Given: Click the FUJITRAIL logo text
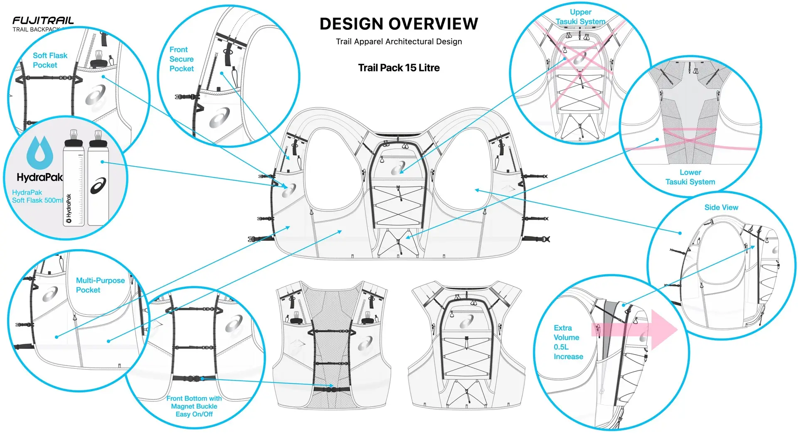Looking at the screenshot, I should click(43, 20).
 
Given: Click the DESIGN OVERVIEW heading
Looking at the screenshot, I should click(399, 24).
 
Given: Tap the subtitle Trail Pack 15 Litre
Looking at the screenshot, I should click(399, 68).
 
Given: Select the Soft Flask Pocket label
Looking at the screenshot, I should click(49, 60).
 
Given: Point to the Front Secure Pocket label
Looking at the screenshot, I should click(181, 59).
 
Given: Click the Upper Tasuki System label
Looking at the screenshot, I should click(580, 17).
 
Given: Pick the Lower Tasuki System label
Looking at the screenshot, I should click(690, 177).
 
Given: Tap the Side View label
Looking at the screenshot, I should click(721, 207).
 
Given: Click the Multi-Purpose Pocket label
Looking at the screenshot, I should click(100, 285).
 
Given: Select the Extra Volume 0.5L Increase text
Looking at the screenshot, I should click(568, 342).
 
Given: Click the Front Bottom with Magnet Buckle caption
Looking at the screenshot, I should click(194, 406).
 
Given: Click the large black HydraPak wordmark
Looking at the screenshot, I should click(39, 177).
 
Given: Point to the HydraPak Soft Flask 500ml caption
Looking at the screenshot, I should click(37, 196).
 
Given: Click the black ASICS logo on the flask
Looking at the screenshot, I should click(98, 186).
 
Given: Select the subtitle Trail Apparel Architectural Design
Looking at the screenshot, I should click(399, 42).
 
